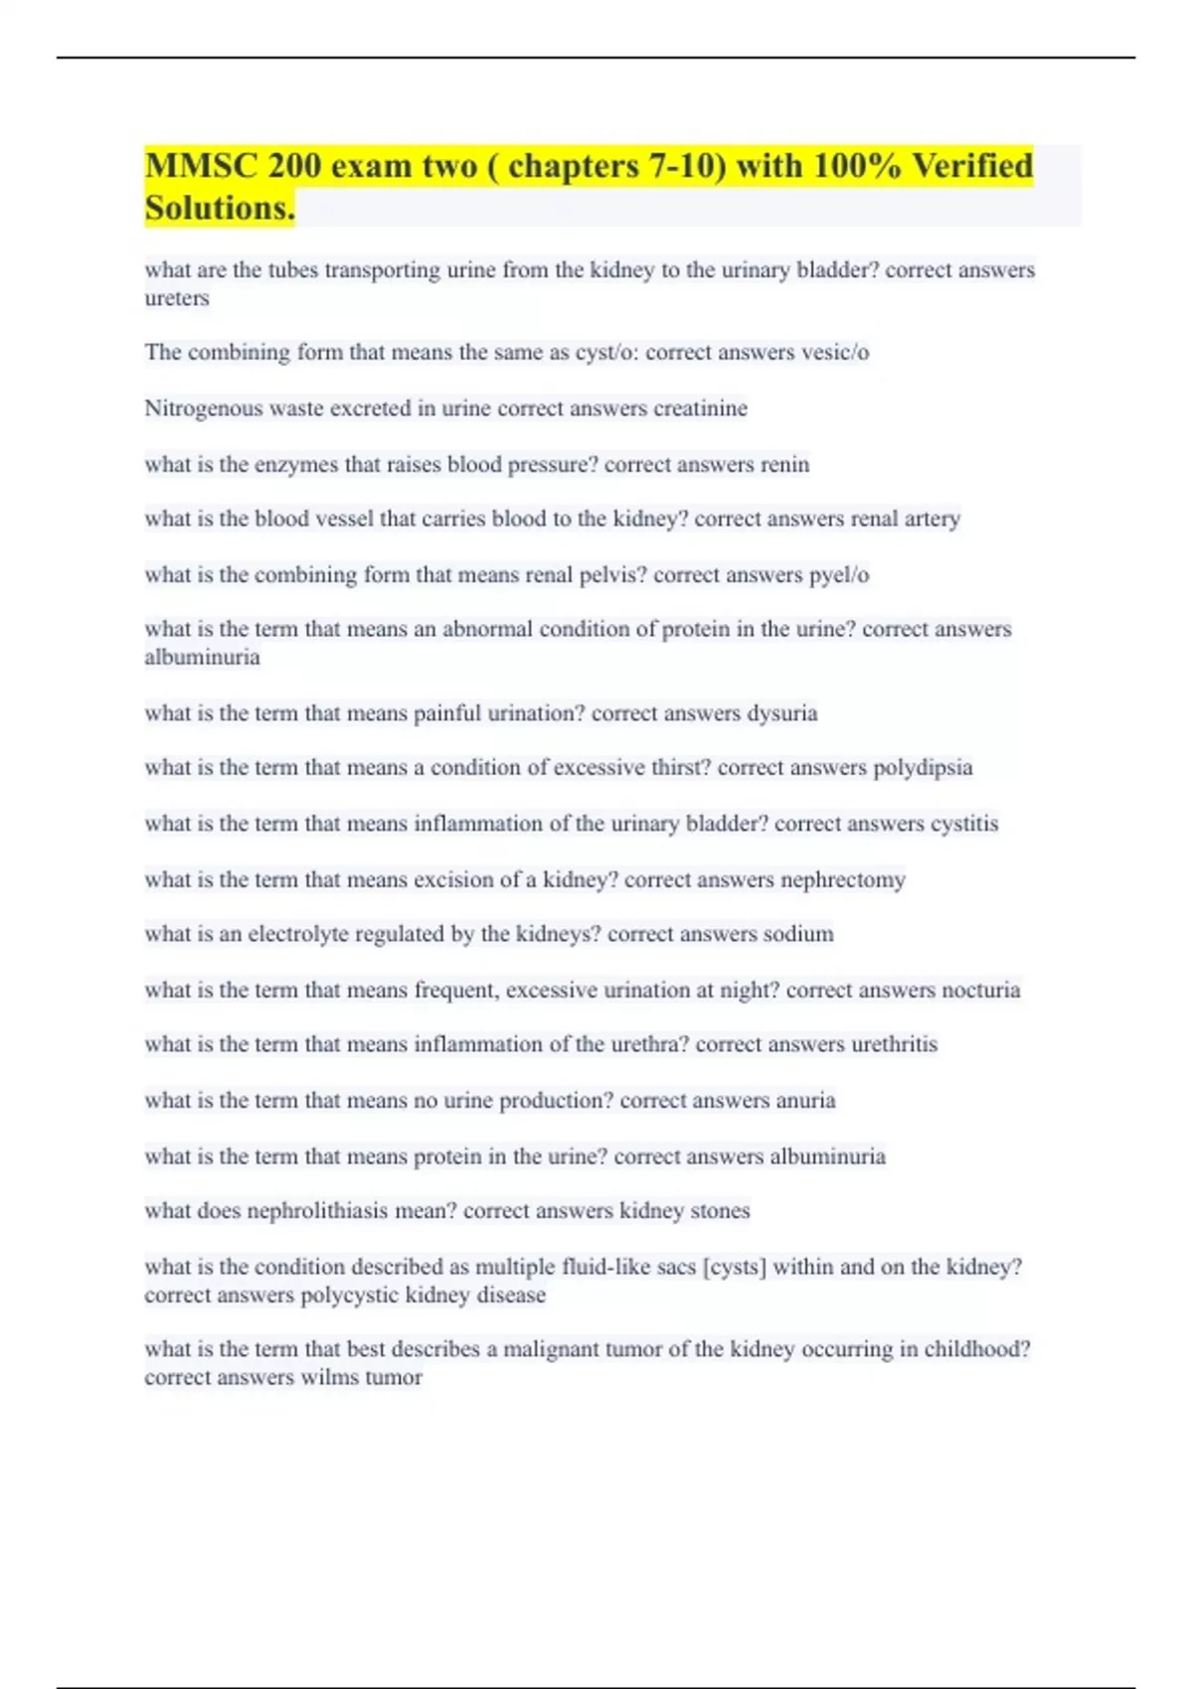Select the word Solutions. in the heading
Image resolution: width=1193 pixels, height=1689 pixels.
point(220,208)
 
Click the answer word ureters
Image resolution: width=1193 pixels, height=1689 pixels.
point(177,298)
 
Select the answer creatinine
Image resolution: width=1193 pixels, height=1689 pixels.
point(700,408)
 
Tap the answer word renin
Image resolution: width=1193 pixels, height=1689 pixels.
point(784,464)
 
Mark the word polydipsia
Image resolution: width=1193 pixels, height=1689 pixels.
point(923,767)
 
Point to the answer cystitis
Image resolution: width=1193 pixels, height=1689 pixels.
point(963,823)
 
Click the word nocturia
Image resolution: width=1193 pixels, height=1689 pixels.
point(980,990)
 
